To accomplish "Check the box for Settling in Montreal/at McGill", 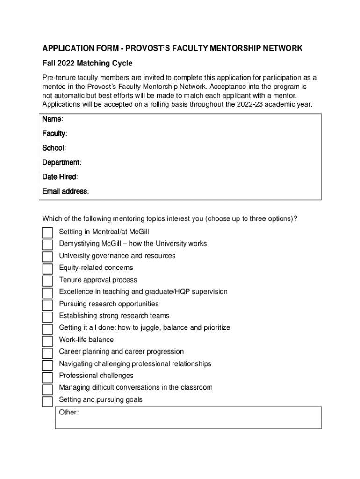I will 47,232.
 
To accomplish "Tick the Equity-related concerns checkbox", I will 47,269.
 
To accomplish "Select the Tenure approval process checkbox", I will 47,281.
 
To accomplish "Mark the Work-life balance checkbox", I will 47,341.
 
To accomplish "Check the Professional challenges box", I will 47,377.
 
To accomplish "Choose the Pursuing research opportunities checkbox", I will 47,305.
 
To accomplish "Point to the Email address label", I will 65,191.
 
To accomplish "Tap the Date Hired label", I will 59,177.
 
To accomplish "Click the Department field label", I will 61,162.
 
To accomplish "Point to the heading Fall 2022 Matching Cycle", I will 87,63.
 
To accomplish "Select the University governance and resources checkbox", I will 47,256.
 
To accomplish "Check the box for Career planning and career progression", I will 47,353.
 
